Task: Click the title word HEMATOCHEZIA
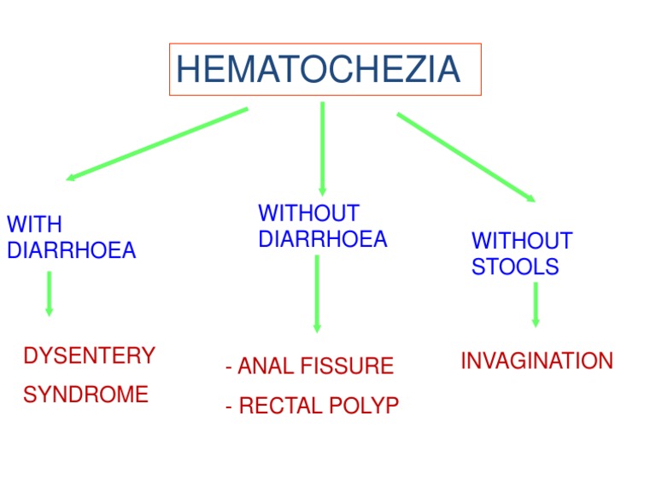click(318, 69)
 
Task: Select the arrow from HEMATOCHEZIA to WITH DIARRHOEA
click(156, 144)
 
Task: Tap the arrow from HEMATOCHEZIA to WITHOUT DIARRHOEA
click(322, 148)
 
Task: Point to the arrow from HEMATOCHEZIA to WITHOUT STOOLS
click(466, 157)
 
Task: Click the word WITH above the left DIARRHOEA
click(34, 225)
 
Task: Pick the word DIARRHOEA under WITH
click(71, 250)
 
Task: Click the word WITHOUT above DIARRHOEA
click(308, 213)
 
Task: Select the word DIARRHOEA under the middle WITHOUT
click(322, 239)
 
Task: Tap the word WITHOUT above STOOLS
click(522, 241)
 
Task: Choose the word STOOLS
click(515, 266)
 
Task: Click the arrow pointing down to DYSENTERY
click(49, 293)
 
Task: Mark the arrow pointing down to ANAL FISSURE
click(317, 293)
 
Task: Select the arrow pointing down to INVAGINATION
click(536, 304)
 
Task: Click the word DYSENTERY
click(89, 355)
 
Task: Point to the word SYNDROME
click(85, 395)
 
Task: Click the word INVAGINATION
click(536, 361)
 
